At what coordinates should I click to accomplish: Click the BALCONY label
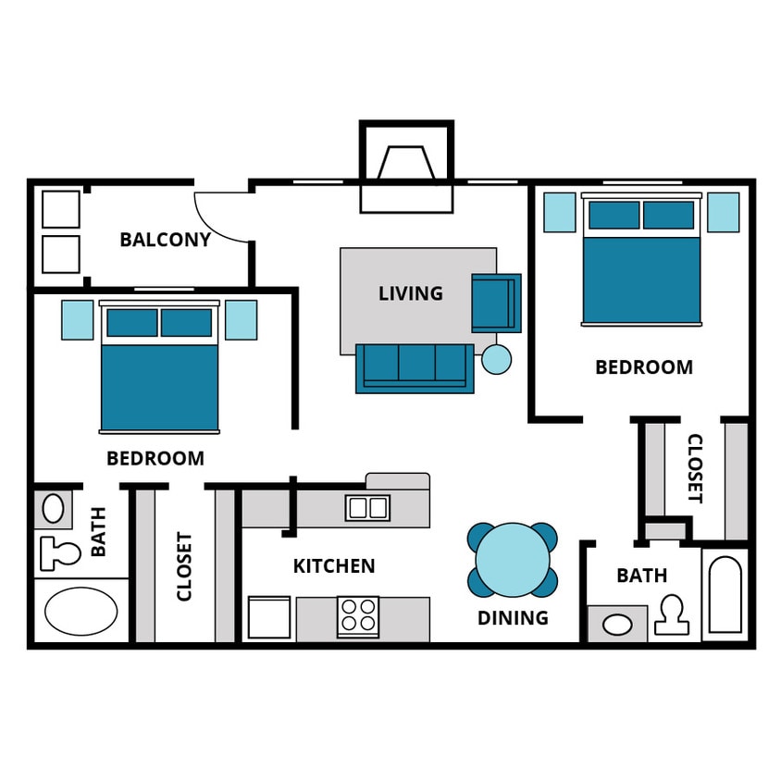click(165, 240)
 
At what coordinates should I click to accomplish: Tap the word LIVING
click(410, 293)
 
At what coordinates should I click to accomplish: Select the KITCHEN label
click(334, 565)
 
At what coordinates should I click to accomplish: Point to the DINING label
click(513, 617)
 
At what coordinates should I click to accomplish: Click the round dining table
click(513, 560)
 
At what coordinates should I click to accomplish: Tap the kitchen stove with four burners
click(358, 617)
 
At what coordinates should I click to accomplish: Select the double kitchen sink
click(367, 507)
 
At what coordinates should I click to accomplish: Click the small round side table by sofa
click(497, 359)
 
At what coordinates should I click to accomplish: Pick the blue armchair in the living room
click(495, 303)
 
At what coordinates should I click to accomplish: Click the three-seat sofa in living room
click(415, 367)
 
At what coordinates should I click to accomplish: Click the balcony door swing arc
click(222, 217)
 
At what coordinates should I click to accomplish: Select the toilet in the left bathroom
click(59, 553)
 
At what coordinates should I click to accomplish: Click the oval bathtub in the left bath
click(81, 611)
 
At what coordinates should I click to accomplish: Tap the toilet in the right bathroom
click(672, 615)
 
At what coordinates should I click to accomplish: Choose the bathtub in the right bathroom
click(725, 594)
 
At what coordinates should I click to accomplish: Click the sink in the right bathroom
click(617, 625)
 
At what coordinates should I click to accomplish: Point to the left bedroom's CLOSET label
click(184, 565)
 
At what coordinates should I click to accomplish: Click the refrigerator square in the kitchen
click(269, 617)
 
